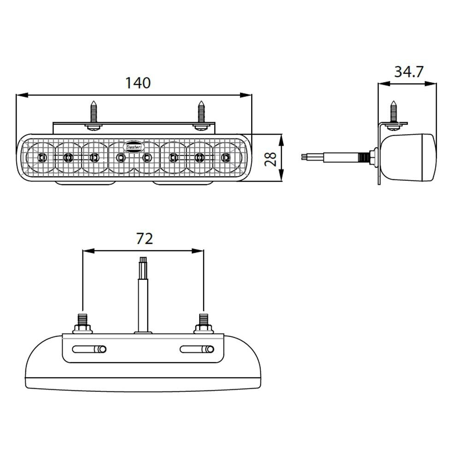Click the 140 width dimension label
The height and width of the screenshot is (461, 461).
[138, 83]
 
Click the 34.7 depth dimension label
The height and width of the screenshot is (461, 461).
[408, 72]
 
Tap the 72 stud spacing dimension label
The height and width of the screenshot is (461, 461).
[144, 239]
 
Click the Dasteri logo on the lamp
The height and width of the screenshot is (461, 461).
[134, 145]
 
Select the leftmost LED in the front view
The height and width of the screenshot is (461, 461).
[41, 158]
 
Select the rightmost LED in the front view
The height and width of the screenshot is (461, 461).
[226, 158]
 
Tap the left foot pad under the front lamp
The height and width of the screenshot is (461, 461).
[86, 183]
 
